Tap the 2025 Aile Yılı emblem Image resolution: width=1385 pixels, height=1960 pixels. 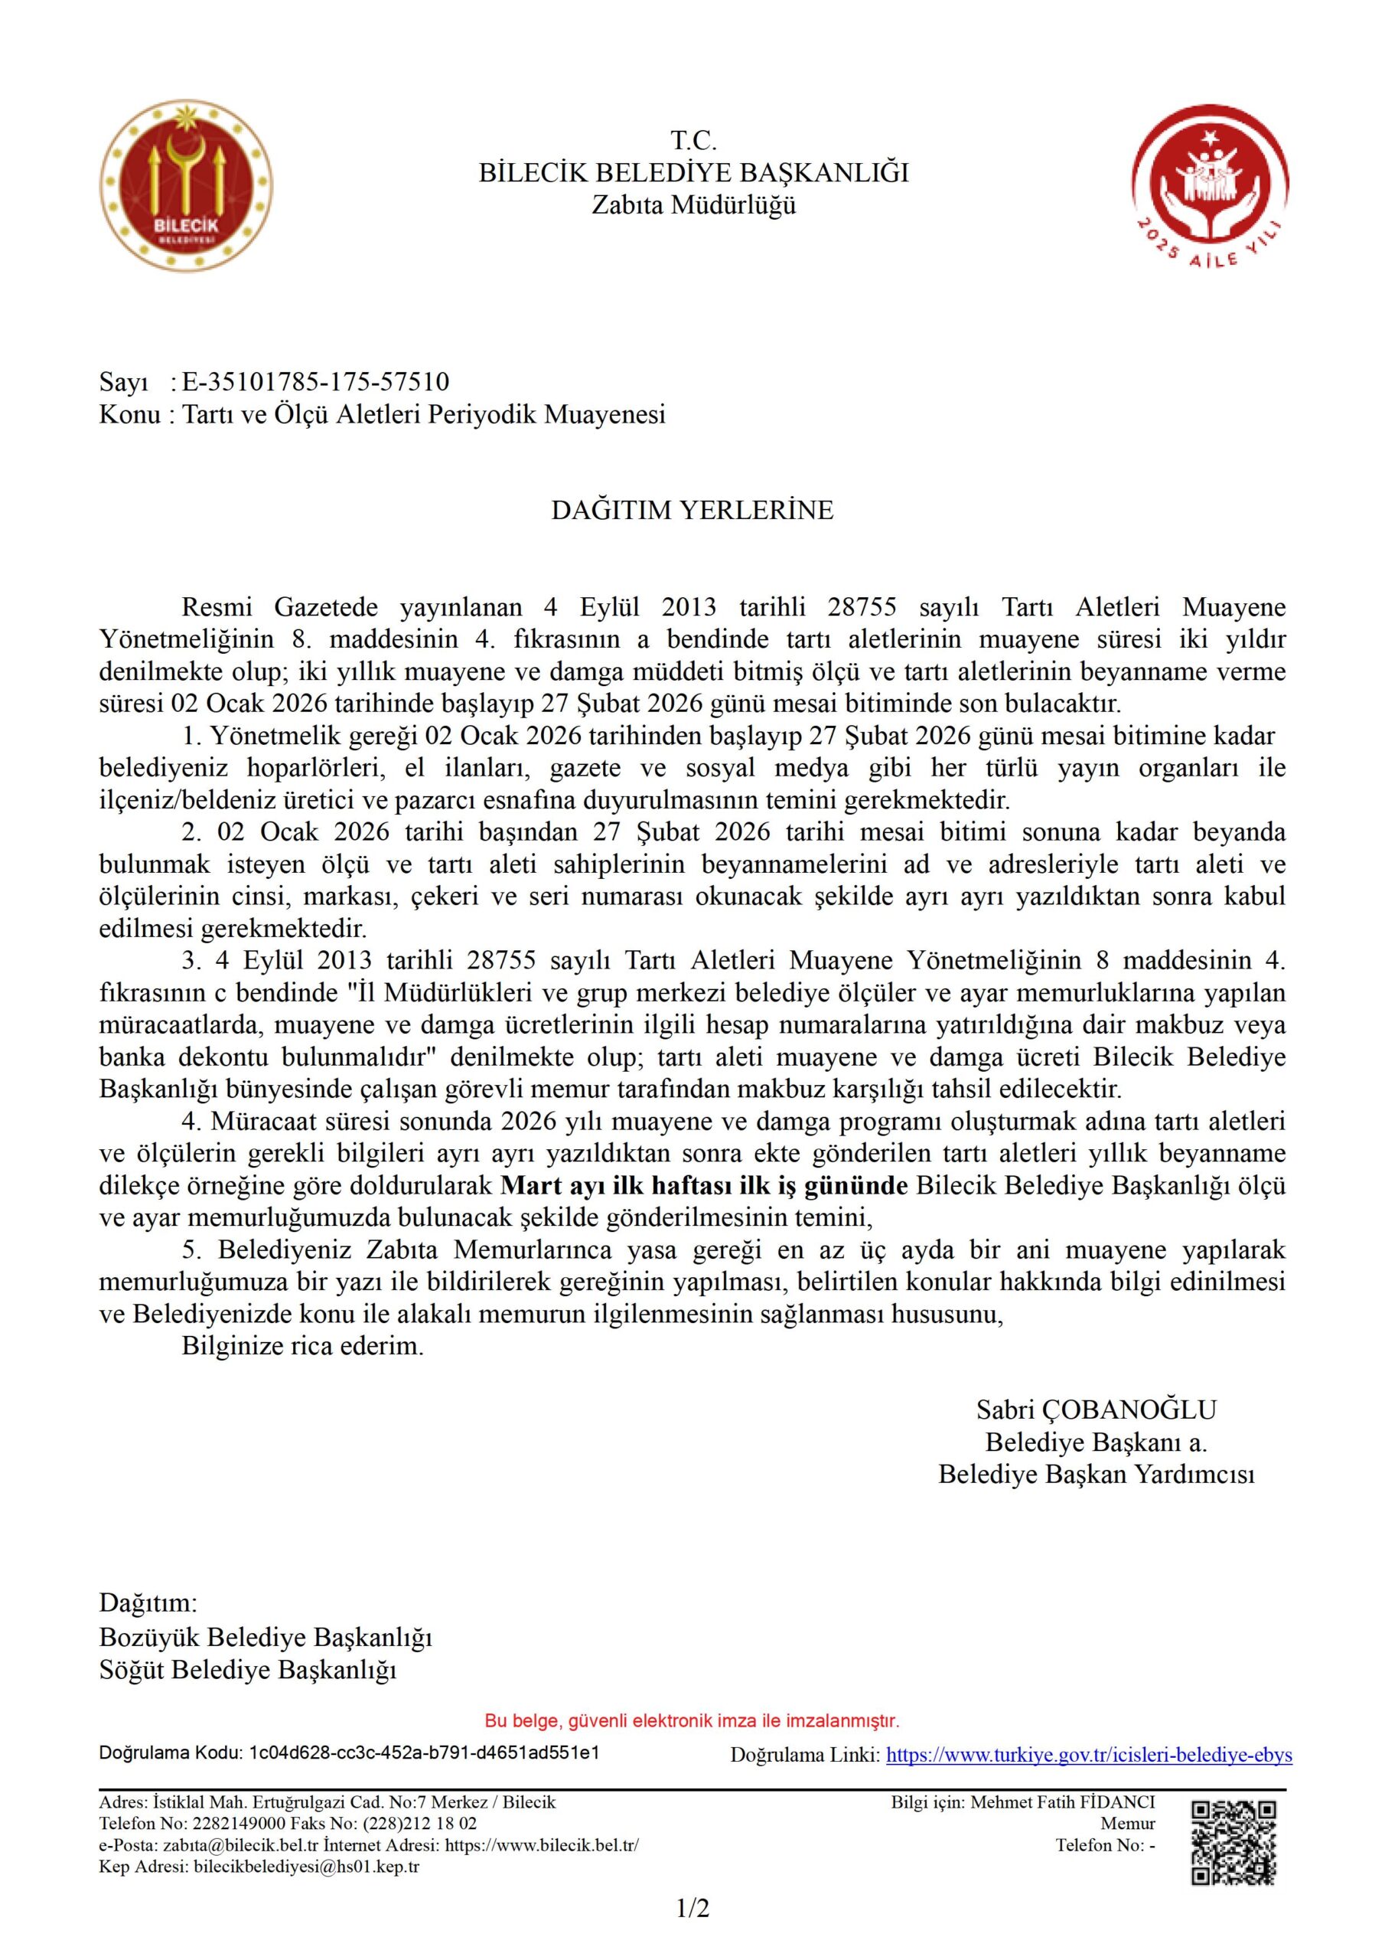click(1209, 201)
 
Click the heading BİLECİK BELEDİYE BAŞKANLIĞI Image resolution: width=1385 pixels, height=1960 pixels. click(693, 173)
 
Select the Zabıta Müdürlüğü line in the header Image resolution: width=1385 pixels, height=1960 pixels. click(693, 205)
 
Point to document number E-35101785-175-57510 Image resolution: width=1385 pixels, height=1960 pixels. click(315, 381)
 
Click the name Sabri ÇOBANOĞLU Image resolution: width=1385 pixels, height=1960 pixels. click(1096, 1410)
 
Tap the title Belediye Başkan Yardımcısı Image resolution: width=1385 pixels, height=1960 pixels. click(1096, 1475)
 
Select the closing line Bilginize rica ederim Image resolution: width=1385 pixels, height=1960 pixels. click(302, 1347)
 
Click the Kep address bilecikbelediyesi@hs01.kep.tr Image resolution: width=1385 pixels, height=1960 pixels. click(306, 1866)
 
